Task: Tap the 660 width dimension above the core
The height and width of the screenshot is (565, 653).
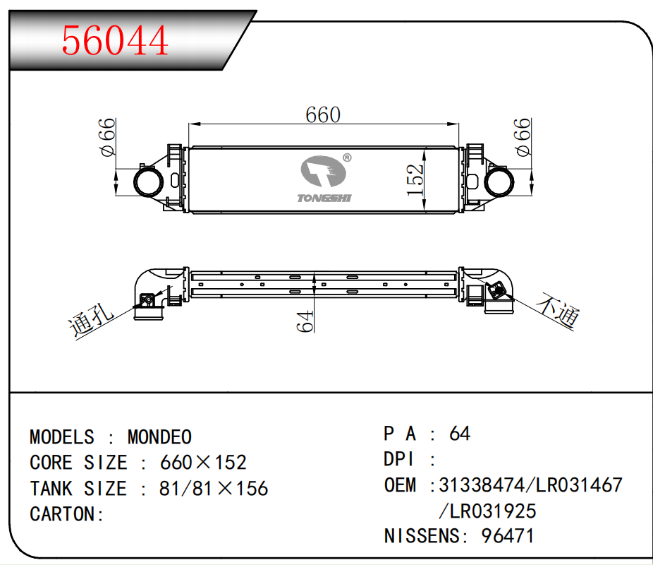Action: click(322, 114)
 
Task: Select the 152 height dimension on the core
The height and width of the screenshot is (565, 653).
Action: click(416, 180)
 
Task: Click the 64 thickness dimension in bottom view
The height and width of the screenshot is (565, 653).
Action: click(304, 321)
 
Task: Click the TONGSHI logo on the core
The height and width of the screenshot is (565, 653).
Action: click(324, 181)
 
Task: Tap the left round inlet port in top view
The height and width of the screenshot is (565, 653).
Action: click(148, 181)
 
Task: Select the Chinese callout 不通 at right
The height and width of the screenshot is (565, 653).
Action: click(558, 311)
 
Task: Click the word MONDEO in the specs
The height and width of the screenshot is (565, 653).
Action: click(159, 437)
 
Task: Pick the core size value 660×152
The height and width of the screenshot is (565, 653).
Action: click(203, 463)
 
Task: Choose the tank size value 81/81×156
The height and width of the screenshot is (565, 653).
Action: click(214, 489)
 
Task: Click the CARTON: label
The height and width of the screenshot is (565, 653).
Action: click(67, 514)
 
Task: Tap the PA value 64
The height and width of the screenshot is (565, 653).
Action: click(459, 433)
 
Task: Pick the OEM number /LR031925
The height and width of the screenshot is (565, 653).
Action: click(487, 511)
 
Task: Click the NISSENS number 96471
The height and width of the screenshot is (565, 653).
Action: click(507, 536)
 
